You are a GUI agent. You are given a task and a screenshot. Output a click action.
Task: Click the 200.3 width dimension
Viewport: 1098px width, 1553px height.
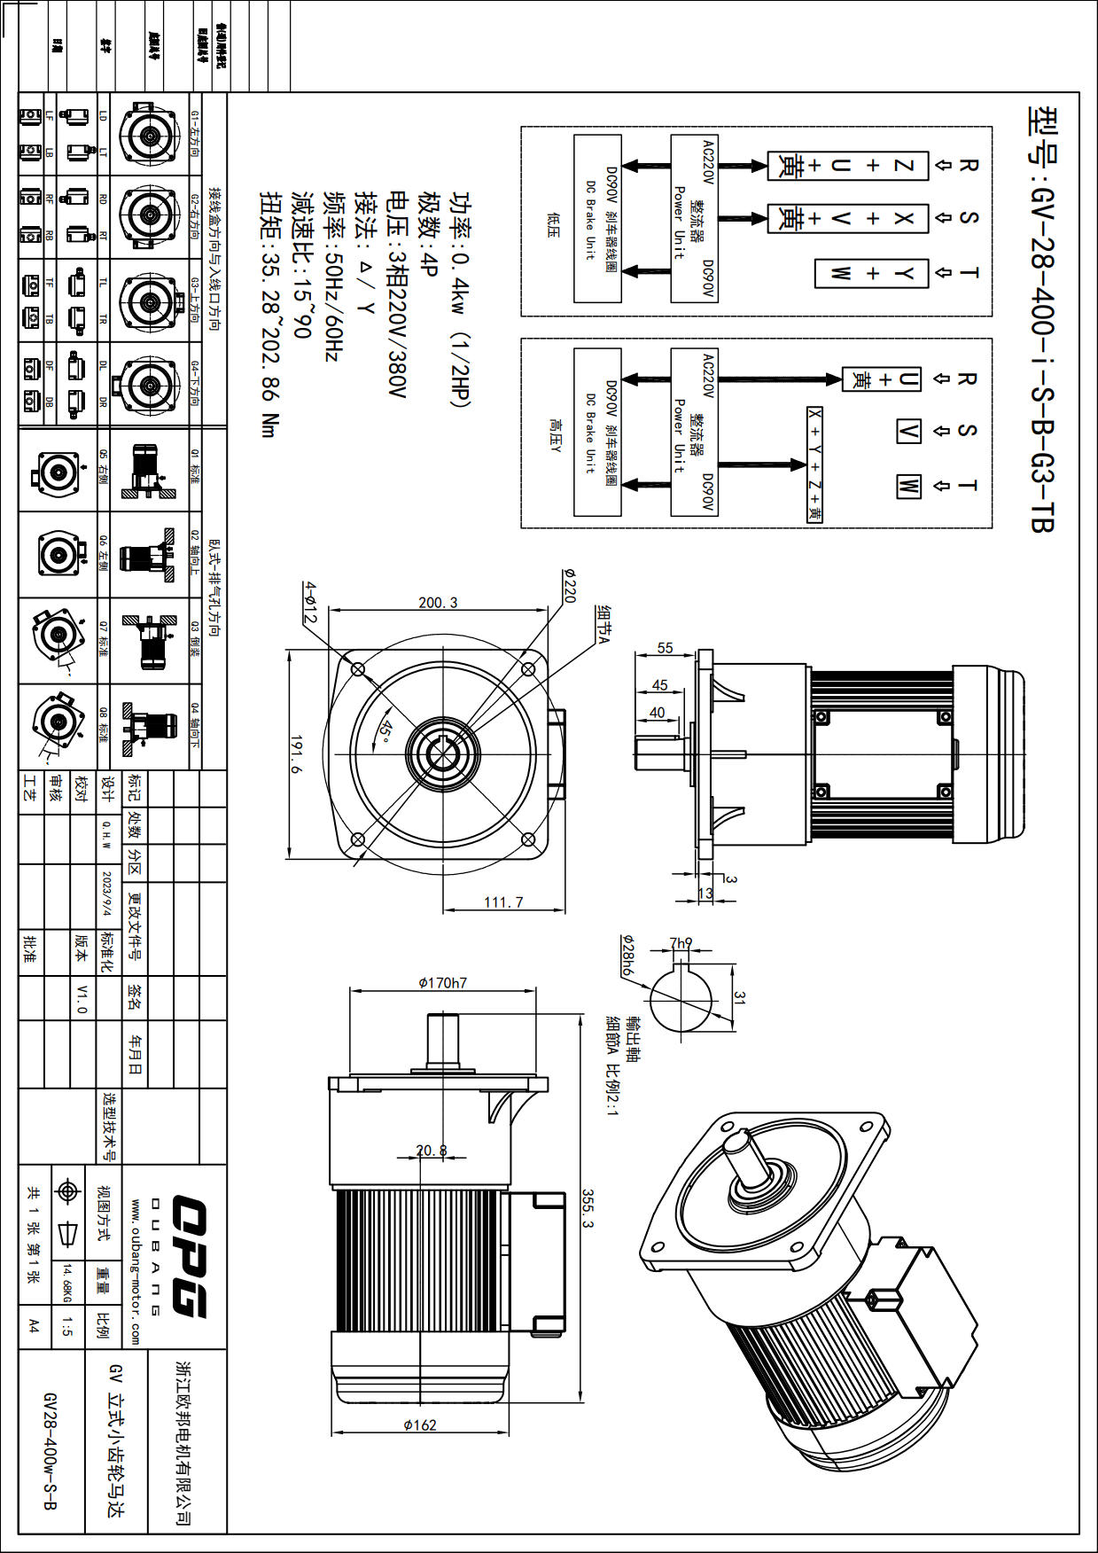(438, 603)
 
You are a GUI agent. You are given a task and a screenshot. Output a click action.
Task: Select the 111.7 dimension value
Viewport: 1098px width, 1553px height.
(503, 902)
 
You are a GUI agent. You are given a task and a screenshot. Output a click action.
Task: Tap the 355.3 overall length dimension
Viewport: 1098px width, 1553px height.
(588, 1208)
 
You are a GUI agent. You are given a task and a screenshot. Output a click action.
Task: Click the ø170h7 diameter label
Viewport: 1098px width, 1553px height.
(442, 982)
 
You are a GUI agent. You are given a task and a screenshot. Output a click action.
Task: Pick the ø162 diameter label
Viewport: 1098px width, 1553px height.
(420, 1424)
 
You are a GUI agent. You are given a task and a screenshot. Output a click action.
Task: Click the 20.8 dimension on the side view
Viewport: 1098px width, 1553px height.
(432, 1150)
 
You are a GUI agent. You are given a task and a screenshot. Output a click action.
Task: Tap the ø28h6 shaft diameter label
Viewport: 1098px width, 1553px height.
(627, 956)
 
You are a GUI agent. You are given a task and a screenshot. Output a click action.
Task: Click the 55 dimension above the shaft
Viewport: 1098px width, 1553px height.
(666, 648)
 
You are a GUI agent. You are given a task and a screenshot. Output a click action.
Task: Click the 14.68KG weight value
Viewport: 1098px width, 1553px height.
(67, 1284)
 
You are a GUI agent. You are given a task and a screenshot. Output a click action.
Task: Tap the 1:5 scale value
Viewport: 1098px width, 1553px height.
(68, 1326)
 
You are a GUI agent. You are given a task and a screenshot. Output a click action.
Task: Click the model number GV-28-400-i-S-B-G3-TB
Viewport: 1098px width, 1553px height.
(1042, 319)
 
